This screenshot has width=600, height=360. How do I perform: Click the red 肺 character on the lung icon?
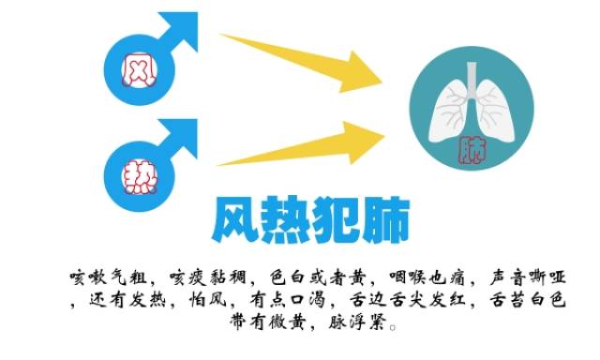tap(474, 148)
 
